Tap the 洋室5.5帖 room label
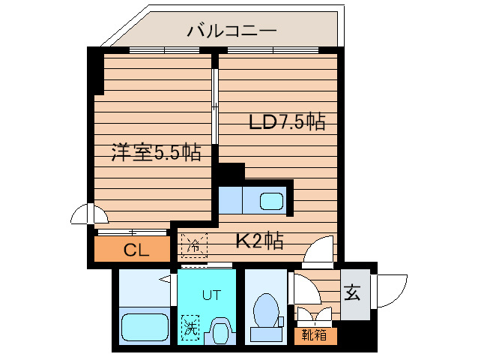[x=156, y=154]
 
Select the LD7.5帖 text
[x=286, y=122]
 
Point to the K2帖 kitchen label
[x=259, y=241]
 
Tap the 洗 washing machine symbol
[x=190, y=328]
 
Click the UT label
[x=211, y=295]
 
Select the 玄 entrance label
[x=351, y=294]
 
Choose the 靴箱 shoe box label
[x=315, y=335]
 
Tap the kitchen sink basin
[x=271, y=201]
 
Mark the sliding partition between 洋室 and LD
[x=216, y=105]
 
